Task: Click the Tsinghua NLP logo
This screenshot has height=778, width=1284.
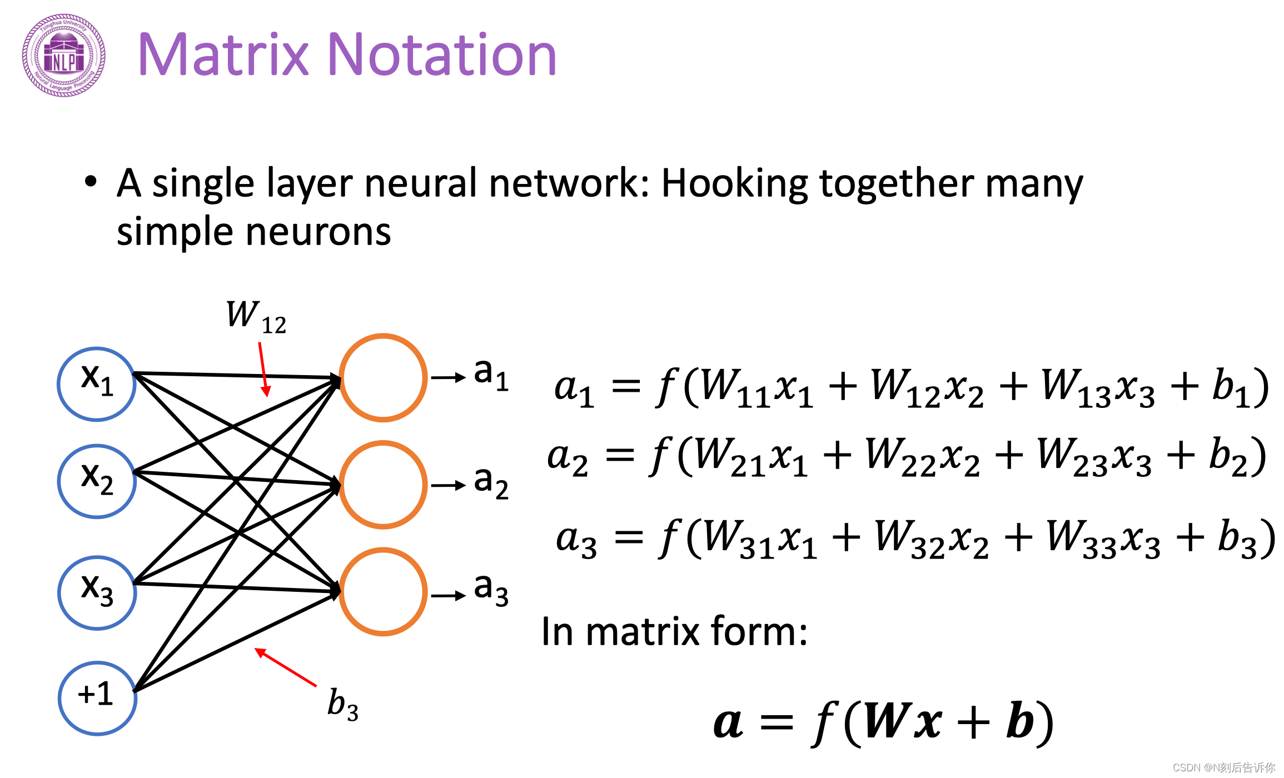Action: click(x=63, y=56)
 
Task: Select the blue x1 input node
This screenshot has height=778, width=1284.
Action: click(x=97, y=384)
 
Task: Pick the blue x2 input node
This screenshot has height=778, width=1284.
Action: click(x=97, y=481)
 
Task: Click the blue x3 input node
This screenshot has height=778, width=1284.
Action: click(x=97, y=592)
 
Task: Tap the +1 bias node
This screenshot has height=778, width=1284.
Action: click(x=97, y=698)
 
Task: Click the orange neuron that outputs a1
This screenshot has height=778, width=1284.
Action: click(x=383, y=378)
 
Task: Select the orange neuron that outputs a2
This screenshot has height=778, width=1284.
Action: click(x=383, y=485)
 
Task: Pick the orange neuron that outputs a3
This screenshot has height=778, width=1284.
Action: click(x=383, y=592)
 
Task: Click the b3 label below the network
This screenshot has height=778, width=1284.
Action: click(x=342, y=705)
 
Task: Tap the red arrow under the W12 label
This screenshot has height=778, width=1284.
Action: click(x=263, y=369)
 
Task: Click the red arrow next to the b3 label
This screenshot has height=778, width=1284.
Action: click(x=286, y=667)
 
